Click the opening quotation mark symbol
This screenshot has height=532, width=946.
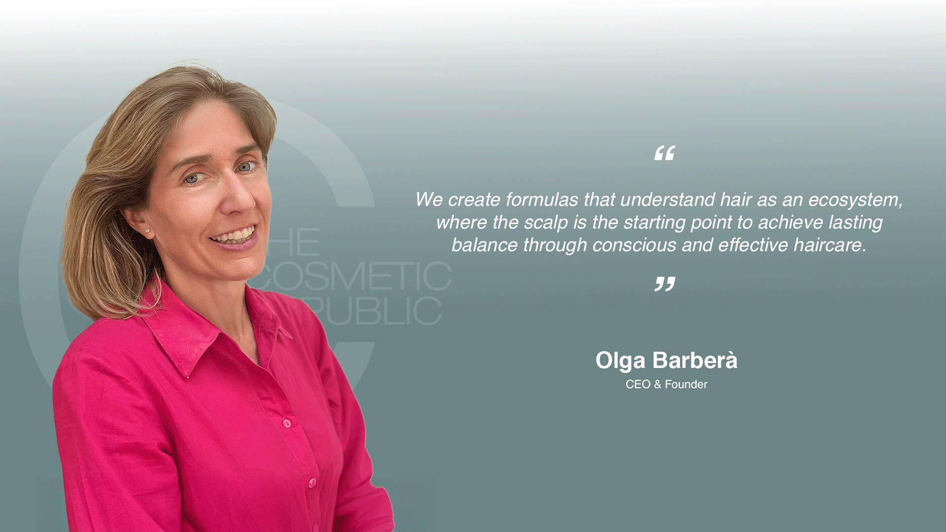pyautogui.click(x=664, y=153)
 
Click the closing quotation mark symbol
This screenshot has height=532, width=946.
pyautogui.click(x=665, y=284)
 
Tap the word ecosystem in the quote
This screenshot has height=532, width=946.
pyautogui.click(x=855, y=199)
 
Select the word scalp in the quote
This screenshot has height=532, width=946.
pyautogui.click(x=546, y=223)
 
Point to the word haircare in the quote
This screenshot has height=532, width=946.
pyautogui.click(x=830, y=245)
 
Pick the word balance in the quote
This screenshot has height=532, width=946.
pyautogui.click(x=485, y=245)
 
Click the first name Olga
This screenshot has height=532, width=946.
pyautogui.click(x=620, y=360)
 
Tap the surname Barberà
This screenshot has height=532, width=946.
pyautogui.click(x=695, y=360)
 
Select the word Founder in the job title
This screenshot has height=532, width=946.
pyautogui.click(x=686, y=384)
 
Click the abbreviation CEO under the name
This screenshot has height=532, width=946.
pyautogui.click(x=638, y=384)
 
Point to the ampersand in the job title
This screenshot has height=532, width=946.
pyautogui.click(x=658, y=384)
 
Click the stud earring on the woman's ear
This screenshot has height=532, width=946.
pyautogui.click(x=147, y=230)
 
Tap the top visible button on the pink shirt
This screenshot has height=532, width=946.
pyautogui.click(x=286, y=423)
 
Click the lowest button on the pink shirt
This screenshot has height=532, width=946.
pyautogui.click(x=312, y=483)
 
